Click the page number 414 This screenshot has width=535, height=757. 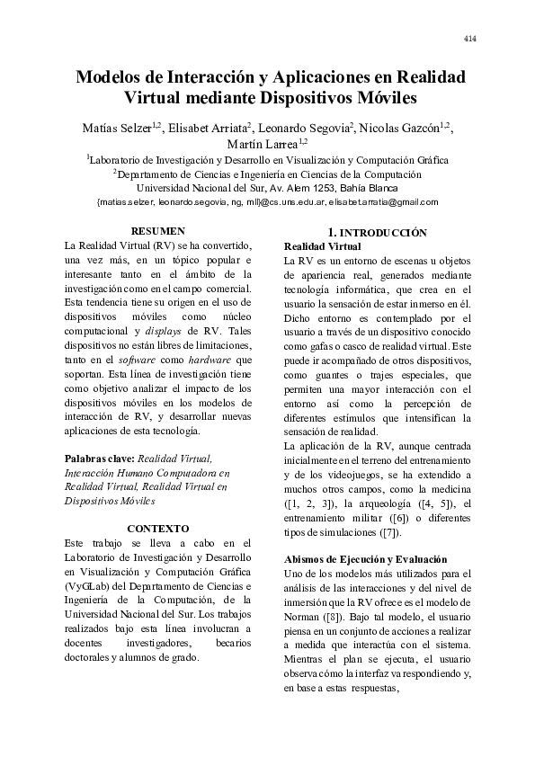[x=469, y=38]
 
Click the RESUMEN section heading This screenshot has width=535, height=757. [x=157, y=231]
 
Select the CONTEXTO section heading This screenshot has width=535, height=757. [x=158, y=528]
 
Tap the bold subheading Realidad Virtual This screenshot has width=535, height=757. [x=321, y=246]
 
